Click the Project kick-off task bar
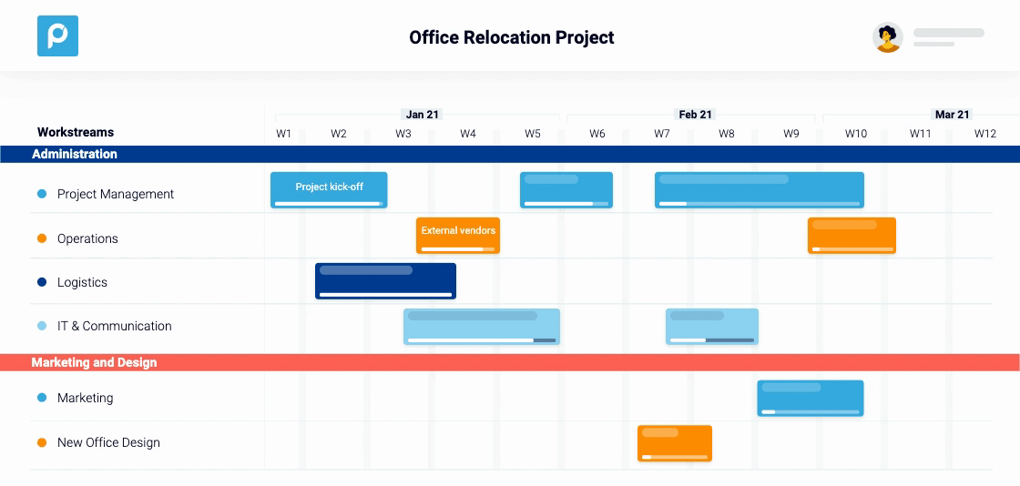click(x=329, y=190)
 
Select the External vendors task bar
click(x=458, y=235)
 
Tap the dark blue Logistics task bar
click(x=385, y=281)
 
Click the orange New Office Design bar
click(x=675, y=443)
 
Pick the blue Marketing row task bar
click(x=811, y=398)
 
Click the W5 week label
click(x=533, y=134)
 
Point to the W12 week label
click(x=985, y=134)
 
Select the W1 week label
click(x=284, y=134)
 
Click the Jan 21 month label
click(x=423, y=115)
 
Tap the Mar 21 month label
click(x=952, y=115)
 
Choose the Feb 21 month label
click(x=695, y=115)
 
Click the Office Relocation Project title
click(x=512, y=37)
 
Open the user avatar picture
click(x=887, y=37)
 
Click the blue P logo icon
click(x=57, y=36)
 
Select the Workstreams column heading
click(x=76, y=132)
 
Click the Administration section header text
click(x=75, y=154)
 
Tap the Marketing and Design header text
click(x=94, y=362)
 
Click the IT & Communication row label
click(x=114, y=326)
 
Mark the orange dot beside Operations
click(x=42, y=238)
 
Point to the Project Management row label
click(x=115, y=194)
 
